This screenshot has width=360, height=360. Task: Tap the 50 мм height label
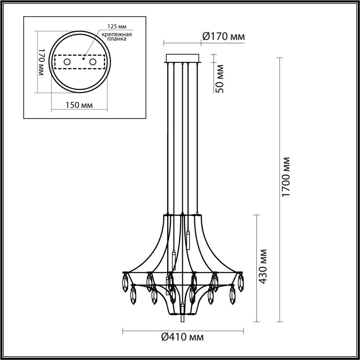220,79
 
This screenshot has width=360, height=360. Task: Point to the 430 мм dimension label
263,266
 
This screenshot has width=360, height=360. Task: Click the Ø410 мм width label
182,337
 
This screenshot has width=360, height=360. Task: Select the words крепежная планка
116,37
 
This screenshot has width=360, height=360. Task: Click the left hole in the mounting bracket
67,62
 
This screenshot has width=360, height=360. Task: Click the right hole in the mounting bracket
93,62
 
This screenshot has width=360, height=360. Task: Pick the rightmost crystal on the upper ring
240,281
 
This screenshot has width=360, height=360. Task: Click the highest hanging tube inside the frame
188,240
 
